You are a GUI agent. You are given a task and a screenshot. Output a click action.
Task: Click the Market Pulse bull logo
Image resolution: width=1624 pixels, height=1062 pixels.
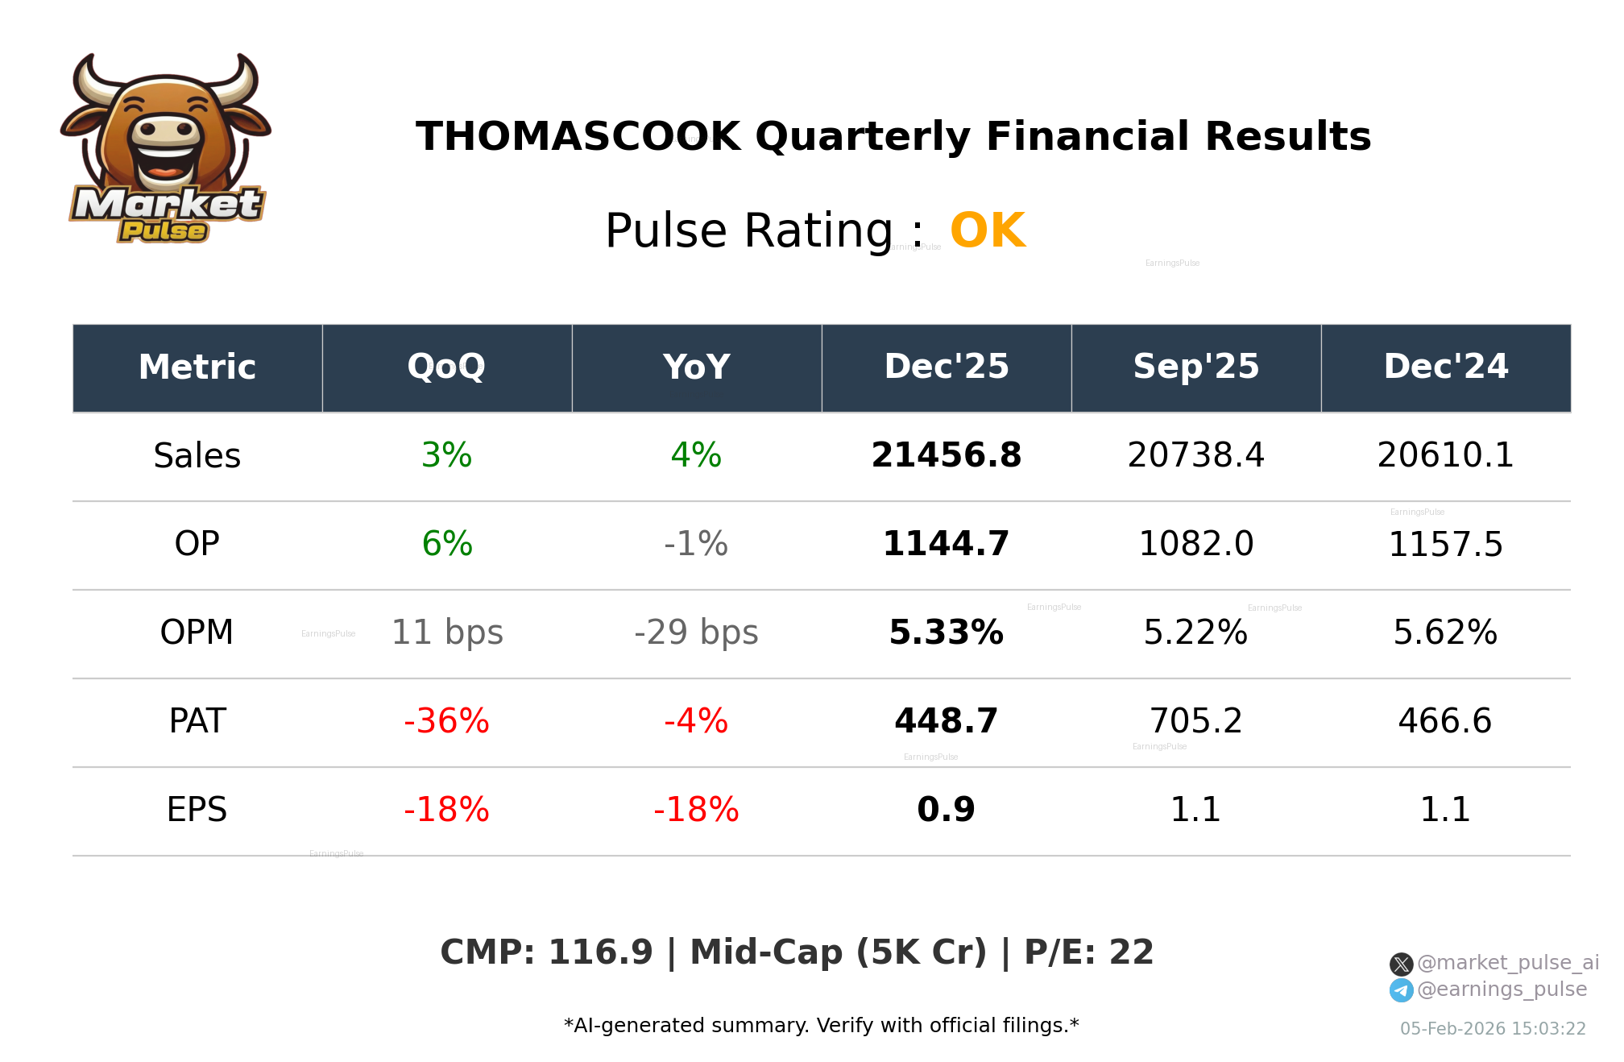165,149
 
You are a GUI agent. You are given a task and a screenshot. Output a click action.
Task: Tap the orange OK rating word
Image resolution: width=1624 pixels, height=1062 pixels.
987,231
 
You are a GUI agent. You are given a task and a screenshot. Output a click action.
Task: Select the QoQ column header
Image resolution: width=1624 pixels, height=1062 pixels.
446,367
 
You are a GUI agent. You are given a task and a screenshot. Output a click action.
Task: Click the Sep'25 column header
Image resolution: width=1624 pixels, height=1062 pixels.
1195,367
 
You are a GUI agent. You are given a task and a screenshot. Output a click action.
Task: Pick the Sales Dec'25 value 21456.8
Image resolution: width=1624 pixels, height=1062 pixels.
946,456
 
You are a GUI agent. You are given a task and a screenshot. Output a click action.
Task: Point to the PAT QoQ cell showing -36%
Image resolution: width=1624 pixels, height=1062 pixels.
446,721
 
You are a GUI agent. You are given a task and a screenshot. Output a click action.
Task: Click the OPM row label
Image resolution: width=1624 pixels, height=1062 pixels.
197,633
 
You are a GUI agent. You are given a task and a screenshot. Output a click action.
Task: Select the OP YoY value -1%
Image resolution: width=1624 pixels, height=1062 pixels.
696,545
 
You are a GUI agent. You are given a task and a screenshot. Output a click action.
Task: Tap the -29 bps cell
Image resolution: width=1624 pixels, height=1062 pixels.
696,633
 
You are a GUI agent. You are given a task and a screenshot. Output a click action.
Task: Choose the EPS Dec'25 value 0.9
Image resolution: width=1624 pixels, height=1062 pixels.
946,810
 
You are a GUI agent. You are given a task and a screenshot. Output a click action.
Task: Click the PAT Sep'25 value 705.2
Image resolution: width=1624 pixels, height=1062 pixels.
1195,721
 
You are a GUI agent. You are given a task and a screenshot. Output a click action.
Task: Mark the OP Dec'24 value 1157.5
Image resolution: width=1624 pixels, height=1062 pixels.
1445,546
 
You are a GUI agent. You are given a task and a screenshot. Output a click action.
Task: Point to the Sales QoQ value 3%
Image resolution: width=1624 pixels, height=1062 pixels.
446,456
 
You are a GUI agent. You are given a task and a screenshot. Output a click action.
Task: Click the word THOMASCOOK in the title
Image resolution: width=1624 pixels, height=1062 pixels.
578,137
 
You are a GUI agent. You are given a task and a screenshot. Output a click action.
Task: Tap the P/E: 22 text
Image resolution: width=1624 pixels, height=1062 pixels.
1088,953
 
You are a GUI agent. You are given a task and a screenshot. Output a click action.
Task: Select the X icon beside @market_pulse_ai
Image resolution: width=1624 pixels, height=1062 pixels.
1401,965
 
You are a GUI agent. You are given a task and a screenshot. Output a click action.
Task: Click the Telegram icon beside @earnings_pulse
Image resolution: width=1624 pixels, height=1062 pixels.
1401,990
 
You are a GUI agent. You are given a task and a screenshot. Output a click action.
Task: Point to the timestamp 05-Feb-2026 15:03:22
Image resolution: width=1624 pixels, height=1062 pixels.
1492,1029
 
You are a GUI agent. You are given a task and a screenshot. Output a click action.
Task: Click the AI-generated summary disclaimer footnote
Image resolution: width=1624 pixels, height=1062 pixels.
821,1026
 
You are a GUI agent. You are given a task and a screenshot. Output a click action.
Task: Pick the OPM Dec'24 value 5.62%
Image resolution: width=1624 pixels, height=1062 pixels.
1445,633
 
